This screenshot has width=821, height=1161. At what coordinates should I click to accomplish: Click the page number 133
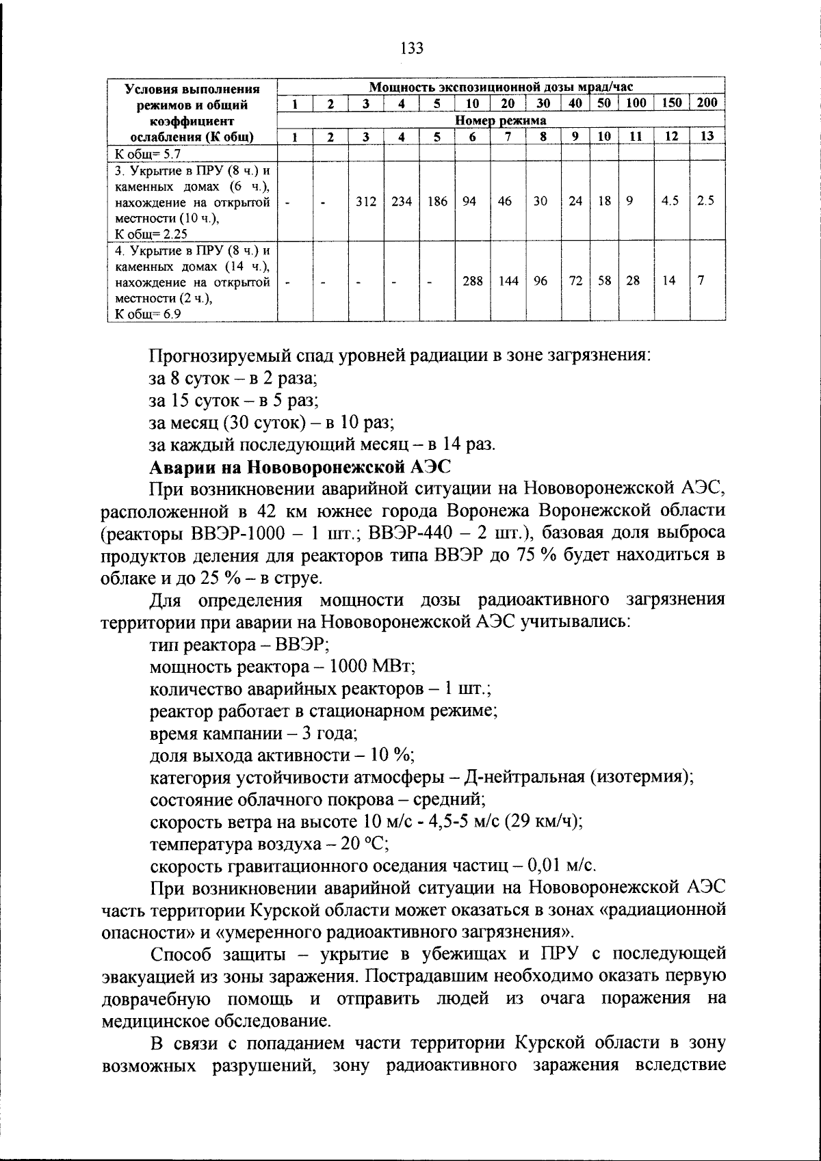(411, 49)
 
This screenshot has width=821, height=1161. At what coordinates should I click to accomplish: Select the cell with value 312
(366, 202)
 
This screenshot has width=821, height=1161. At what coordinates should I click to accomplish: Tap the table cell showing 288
(472, 281)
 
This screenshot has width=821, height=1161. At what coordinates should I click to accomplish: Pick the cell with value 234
(402, 202)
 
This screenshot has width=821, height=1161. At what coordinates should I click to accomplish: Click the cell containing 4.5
(670, 202)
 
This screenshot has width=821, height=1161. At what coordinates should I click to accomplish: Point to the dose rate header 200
(707, 103)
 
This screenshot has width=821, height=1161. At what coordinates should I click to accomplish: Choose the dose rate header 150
(671, 103)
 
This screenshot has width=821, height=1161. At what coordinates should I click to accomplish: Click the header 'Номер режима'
(501, 120)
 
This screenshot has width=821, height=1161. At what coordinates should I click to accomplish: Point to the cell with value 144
(508, 281)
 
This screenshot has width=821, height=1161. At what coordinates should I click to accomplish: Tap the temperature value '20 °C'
(365, 843)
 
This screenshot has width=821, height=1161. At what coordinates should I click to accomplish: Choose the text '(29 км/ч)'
(543, 820)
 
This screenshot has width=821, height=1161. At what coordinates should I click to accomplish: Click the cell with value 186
(436, 202)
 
